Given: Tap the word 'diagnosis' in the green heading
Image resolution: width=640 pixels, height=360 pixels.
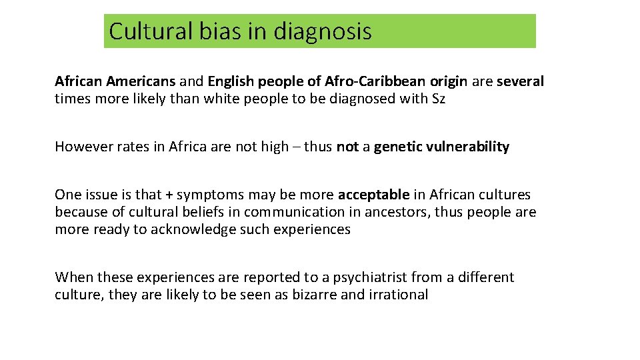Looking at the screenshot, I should pos(322,31).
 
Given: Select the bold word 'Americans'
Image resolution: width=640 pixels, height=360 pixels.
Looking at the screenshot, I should pos(139,81).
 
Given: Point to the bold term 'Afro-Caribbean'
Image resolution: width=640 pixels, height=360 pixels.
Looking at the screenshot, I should pos(375,81).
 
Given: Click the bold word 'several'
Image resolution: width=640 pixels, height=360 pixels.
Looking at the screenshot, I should pos(520,81).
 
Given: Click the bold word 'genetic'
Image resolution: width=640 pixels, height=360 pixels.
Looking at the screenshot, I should pos(397,147).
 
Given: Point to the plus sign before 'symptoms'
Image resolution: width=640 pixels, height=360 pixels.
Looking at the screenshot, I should pos(169,195).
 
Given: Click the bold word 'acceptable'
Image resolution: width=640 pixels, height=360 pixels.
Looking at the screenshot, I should pos(373,195).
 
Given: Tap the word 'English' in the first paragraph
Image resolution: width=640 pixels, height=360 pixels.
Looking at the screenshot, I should pos(231,81).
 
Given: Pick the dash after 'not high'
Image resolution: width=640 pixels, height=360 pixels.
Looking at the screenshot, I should pos(296,147).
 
